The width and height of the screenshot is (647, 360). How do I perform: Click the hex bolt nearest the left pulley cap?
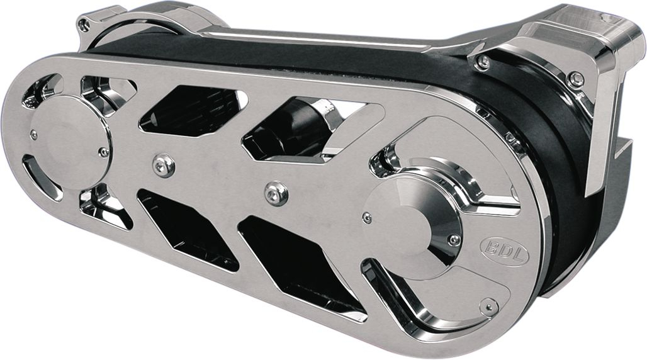click(x=164, y=165)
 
